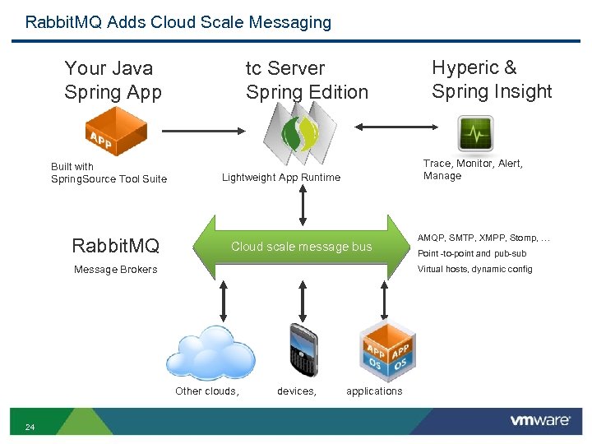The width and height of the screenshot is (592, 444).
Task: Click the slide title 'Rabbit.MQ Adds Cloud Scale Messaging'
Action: [178, 22]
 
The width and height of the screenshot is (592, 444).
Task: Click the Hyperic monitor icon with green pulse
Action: [474, 132]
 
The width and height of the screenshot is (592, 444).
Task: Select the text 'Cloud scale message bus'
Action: [301, 247]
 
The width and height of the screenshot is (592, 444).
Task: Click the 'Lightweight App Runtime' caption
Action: [280, 178]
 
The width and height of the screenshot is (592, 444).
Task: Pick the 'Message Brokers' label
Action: [115, 270]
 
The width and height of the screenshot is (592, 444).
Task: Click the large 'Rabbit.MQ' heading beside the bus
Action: [115, 246]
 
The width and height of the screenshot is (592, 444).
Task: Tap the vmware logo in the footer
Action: [539, 420]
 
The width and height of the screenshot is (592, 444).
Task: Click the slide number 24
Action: [30, 427]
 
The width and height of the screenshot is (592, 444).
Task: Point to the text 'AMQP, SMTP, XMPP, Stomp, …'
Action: [483, 238]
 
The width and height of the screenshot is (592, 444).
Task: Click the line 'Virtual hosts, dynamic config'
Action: [474, 269]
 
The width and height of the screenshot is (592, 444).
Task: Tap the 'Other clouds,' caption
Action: [207, 391]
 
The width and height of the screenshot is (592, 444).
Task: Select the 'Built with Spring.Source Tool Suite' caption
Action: [109, 173]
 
